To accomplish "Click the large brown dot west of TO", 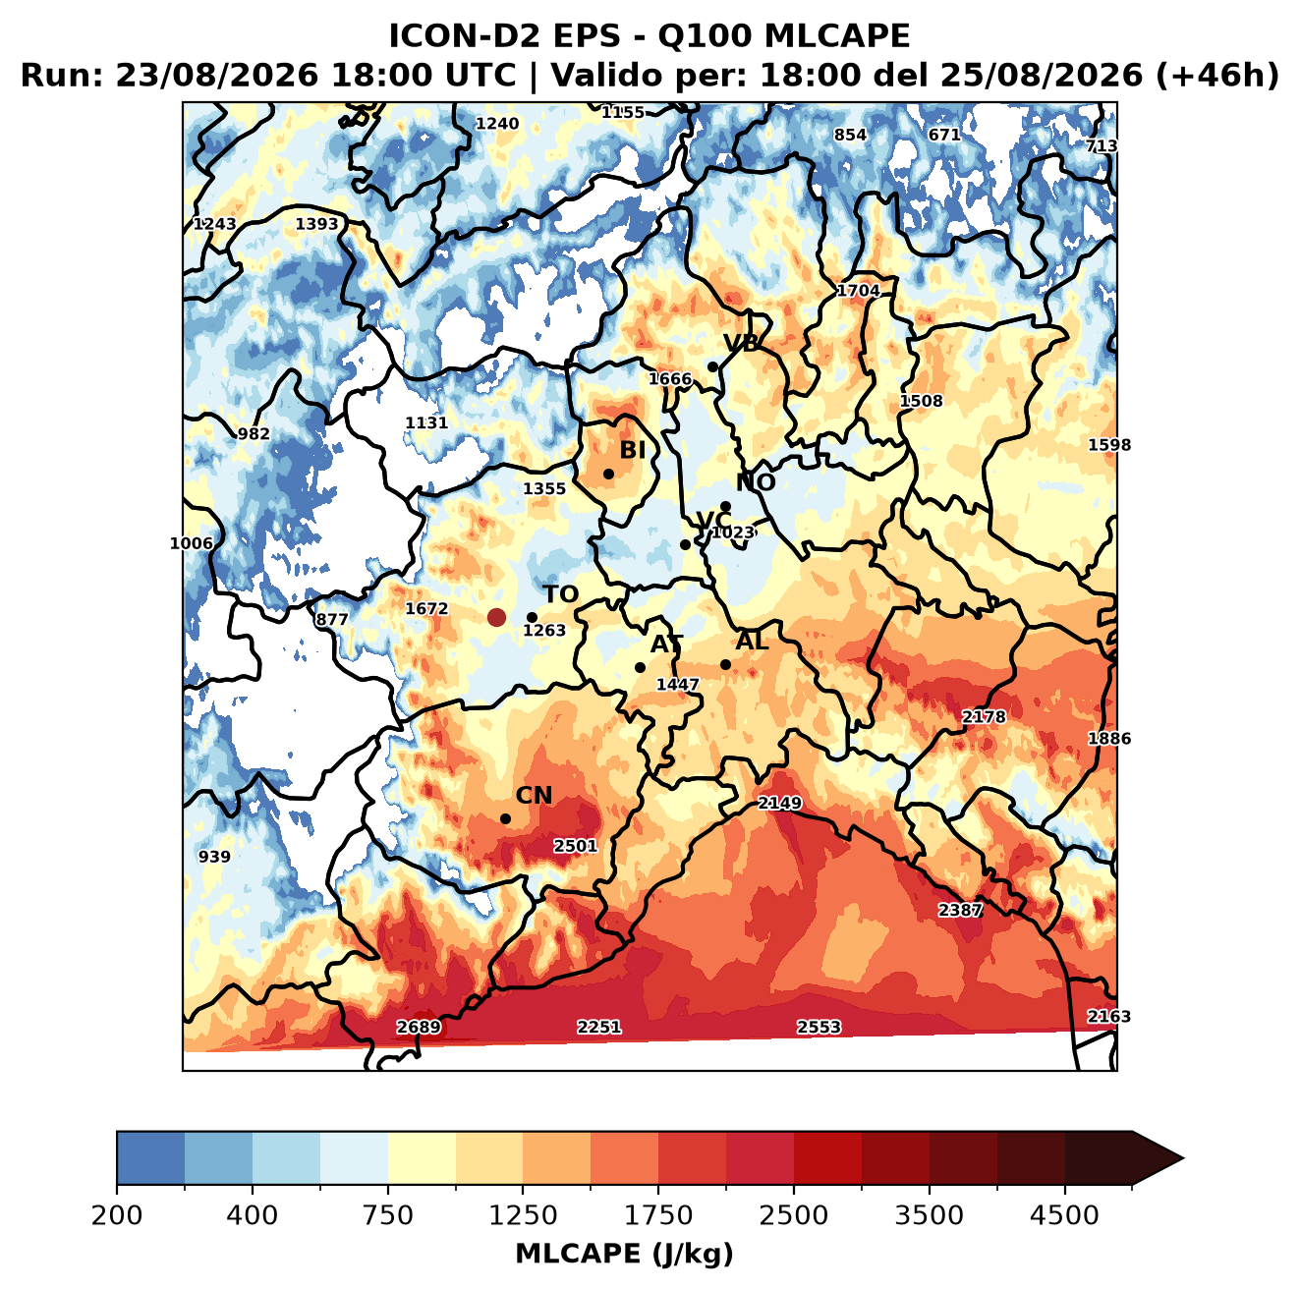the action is (496, 617).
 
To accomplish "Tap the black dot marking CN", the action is (505, 818).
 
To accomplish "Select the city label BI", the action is (632, 450).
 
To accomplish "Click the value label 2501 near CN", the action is (575, 845).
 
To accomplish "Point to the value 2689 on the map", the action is (419, 1027).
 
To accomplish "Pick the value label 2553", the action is (819, 1027).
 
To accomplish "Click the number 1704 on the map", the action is (858, 291).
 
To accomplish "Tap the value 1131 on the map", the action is (425, 422).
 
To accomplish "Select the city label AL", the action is (752, 641).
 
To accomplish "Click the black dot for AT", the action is (640, 667).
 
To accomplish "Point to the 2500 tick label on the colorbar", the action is (793, 1215).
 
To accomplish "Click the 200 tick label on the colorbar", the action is (117, 1215).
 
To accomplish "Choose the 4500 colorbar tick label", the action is (1064, 1215).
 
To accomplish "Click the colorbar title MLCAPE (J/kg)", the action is (624, 1254).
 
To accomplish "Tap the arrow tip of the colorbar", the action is (1183, 1158).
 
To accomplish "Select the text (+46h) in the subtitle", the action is (1216, 76).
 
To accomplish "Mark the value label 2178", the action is (983, 716).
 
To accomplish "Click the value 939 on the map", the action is (214, 857).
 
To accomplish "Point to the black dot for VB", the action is (712, 366).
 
